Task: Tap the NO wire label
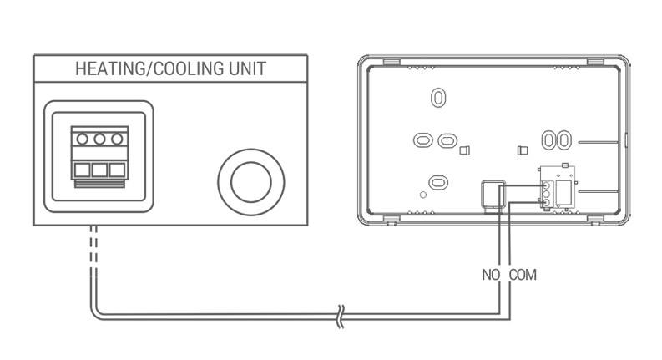[491, 275]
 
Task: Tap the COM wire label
[523, 275]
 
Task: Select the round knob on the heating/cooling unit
[251, 182]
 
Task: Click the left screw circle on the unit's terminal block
[83, 139]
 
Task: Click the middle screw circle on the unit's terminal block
[99, 139]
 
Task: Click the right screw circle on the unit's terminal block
[117, 139]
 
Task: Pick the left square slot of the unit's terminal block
[82, 170]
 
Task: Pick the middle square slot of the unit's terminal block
[99, 170]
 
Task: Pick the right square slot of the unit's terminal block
[117, 170]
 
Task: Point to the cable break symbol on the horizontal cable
[341, 317]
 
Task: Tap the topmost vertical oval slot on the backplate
[438, 98]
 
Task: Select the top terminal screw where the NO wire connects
[547, 185]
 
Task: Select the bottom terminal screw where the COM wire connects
[547, 203]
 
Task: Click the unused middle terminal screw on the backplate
[547, 195]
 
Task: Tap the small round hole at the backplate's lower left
[423, 195]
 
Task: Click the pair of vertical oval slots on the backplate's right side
[557, 140]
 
